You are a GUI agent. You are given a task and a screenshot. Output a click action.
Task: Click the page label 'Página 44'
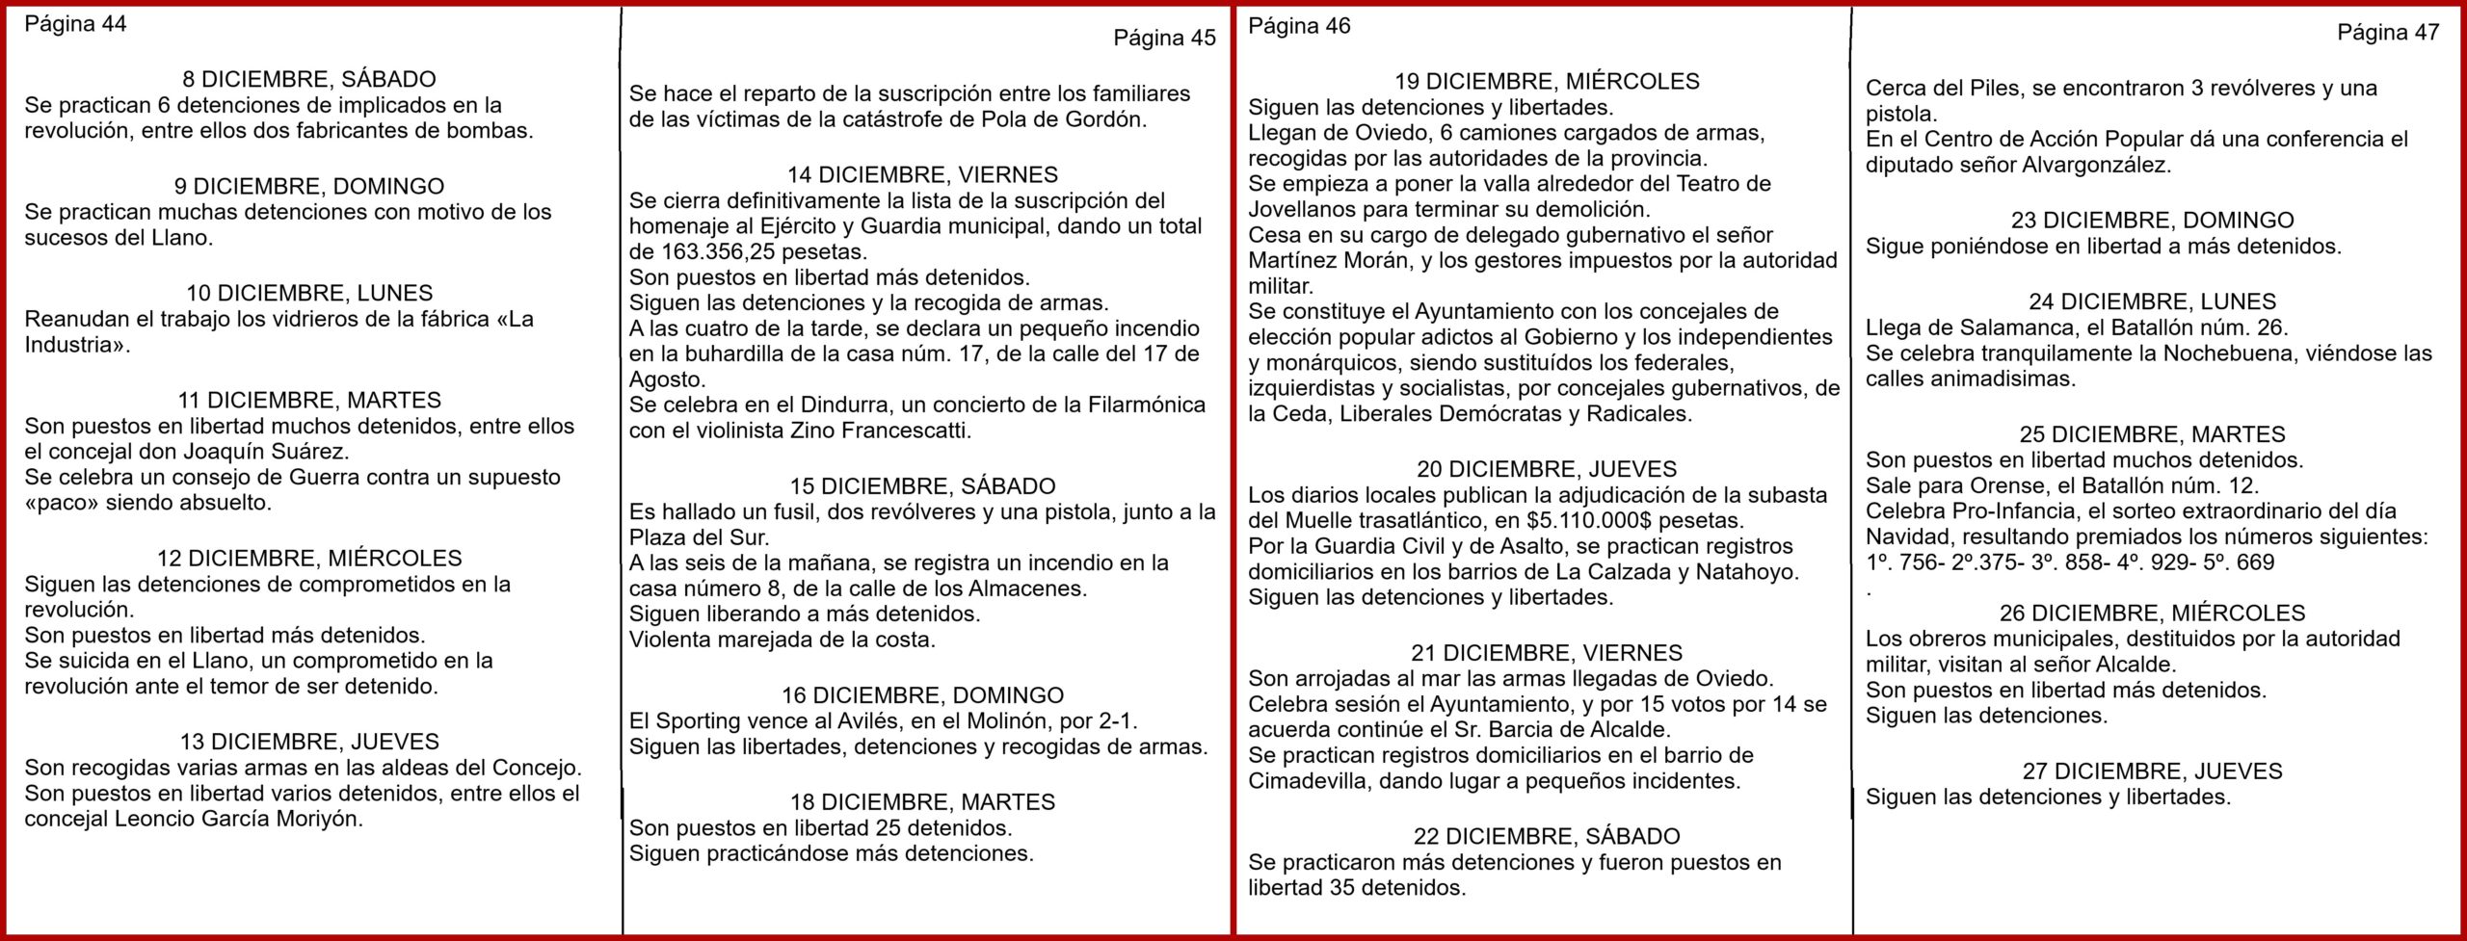point(75,25)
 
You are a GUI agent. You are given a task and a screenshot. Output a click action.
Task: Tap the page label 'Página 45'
point(1164,38)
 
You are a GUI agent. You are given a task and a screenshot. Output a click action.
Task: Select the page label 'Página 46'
point(1299,26)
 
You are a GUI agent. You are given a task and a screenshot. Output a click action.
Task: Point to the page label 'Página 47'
point(2388,32)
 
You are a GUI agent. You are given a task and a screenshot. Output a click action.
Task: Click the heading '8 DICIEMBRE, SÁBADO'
point(308,80)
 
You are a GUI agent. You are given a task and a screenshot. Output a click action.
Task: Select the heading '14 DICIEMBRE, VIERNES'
point(922,175)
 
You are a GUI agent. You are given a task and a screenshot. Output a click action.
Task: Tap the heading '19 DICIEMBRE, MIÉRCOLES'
point(1547,82)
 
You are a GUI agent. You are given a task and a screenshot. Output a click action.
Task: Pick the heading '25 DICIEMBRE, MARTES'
point(2152,434)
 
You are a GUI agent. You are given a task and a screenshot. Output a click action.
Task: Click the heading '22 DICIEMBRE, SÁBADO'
point(1547,837)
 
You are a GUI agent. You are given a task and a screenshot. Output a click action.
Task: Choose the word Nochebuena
point(2226,353)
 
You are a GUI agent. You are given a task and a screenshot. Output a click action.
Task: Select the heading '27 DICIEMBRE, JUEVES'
point(2152,771)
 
